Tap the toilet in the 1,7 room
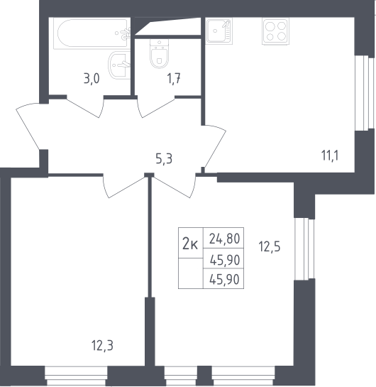pos(159,54)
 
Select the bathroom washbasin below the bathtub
pos(119,65)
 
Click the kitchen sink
pos(219,31)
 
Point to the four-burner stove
pos(275,31)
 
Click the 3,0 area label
pos(92,80)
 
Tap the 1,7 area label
pos(174,80)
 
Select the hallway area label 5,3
pos(164,158)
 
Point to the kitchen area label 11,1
pos(330,156)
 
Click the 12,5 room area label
pos(270,246)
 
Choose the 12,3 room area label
pos(102,345)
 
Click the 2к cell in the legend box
pos(190,243)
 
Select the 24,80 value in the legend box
pos(224,239)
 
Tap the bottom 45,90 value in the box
pos(224,280)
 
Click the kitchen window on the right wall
pos(365,92)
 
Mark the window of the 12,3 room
pos(76,376)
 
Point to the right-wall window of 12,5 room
pos(305,249)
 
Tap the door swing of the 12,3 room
pos(125,186)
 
